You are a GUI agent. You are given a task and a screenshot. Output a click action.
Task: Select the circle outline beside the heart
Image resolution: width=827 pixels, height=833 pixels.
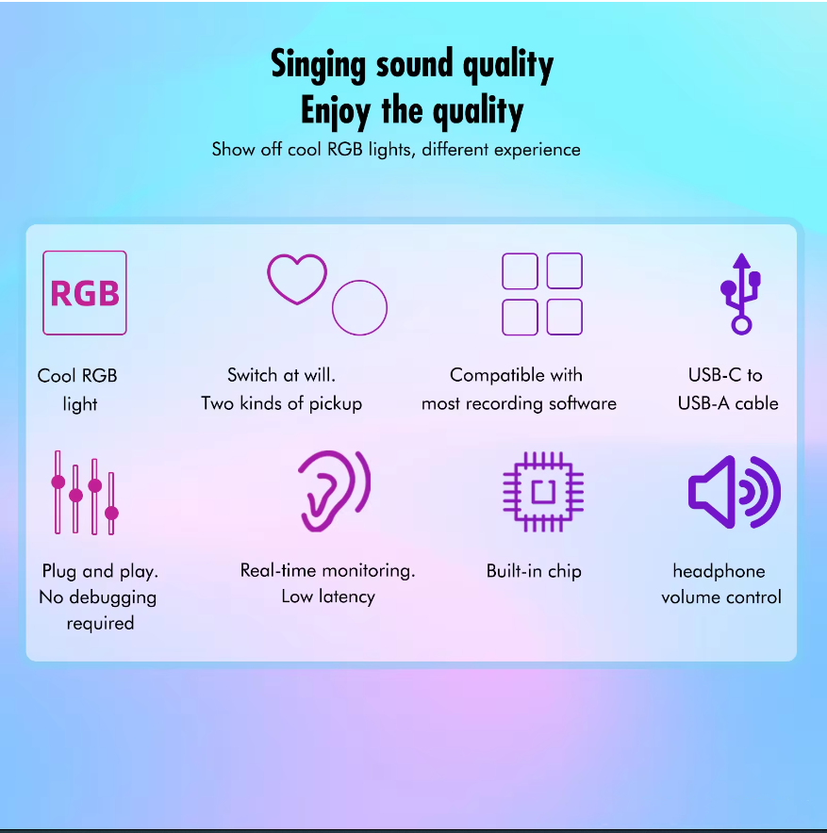tap(333, 308)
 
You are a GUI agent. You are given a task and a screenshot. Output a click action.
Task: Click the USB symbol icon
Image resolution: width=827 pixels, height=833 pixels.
tap(741, 294)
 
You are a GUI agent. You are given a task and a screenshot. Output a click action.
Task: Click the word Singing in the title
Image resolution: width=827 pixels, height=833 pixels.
tap(318, 65)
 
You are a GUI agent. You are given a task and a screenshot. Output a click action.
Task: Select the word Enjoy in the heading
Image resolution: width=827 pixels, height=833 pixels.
tap(336, 111)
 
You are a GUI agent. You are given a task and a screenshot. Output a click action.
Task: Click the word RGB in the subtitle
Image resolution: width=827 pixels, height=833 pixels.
tap(344, 149)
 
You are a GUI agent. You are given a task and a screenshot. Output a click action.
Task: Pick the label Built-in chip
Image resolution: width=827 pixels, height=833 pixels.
tap(534, 571)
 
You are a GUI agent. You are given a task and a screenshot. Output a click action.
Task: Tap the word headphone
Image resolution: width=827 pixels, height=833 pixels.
tap(719, 571)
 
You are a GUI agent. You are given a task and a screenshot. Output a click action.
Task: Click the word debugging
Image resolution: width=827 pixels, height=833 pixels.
tap(112, 598)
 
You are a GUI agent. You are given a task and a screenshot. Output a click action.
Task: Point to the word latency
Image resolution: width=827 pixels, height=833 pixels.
tap(347, 596)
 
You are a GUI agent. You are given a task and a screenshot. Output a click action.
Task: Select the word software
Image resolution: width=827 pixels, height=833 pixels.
tap(583, 403)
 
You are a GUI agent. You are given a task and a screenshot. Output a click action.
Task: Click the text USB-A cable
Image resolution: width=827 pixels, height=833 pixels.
tap(728, 403)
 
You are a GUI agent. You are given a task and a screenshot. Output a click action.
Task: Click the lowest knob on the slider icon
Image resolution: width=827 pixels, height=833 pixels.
tap(111, 513)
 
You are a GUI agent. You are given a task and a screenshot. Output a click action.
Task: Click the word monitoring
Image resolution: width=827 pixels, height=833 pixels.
tap(369, 571)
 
